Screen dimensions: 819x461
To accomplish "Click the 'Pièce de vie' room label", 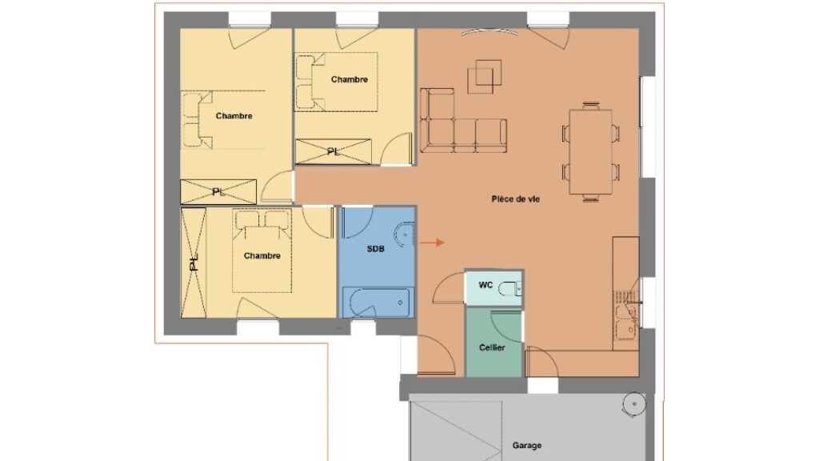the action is click(x=515, y=199).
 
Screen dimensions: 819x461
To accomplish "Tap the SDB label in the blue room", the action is click(x=376, y=249).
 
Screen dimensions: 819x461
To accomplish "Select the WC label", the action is click(x=485, y=285).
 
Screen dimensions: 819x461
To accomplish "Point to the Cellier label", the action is click(x=492, y=347).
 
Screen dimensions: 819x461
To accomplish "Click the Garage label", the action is click(x=526, y=445).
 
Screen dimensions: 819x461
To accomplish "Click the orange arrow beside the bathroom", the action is click(x=432, y=243).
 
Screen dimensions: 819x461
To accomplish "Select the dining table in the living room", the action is click(x=591, y=151).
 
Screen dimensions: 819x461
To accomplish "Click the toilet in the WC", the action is click(x=509, y=288).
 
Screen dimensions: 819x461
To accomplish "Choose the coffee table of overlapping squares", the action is click(x=485, y=76).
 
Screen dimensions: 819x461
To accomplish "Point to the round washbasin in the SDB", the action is click(x=405, y=235).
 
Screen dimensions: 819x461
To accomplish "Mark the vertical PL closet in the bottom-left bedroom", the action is click(x=194, y=263).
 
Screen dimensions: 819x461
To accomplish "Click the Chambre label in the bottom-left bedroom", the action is click(x=262, y=255).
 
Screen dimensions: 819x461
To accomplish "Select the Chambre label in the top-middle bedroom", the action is click(x=350, y=79).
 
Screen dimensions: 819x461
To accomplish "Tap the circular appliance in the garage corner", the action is click(x=634, y=404).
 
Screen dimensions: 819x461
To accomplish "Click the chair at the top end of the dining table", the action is click(x=591, y=106).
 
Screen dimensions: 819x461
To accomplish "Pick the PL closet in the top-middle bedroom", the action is click(x=334, y=151).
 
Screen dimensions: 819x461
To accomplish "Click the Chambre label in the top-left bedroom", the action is click(x=234, y=116).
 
